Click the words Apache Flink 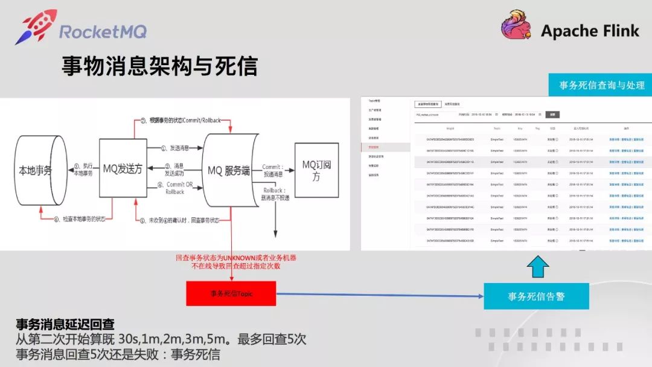click(589, 31)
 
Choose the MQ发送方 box click(123, 170)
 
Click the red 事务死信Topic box click(231, 294)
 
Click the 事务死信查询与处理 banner click(602, 85)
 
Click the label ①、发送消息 click(176, 148)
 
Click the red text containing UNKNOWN click(236, 261)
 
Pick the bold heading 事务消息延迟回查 click(65, 325)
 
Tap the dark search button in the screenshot click(552, 114)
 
